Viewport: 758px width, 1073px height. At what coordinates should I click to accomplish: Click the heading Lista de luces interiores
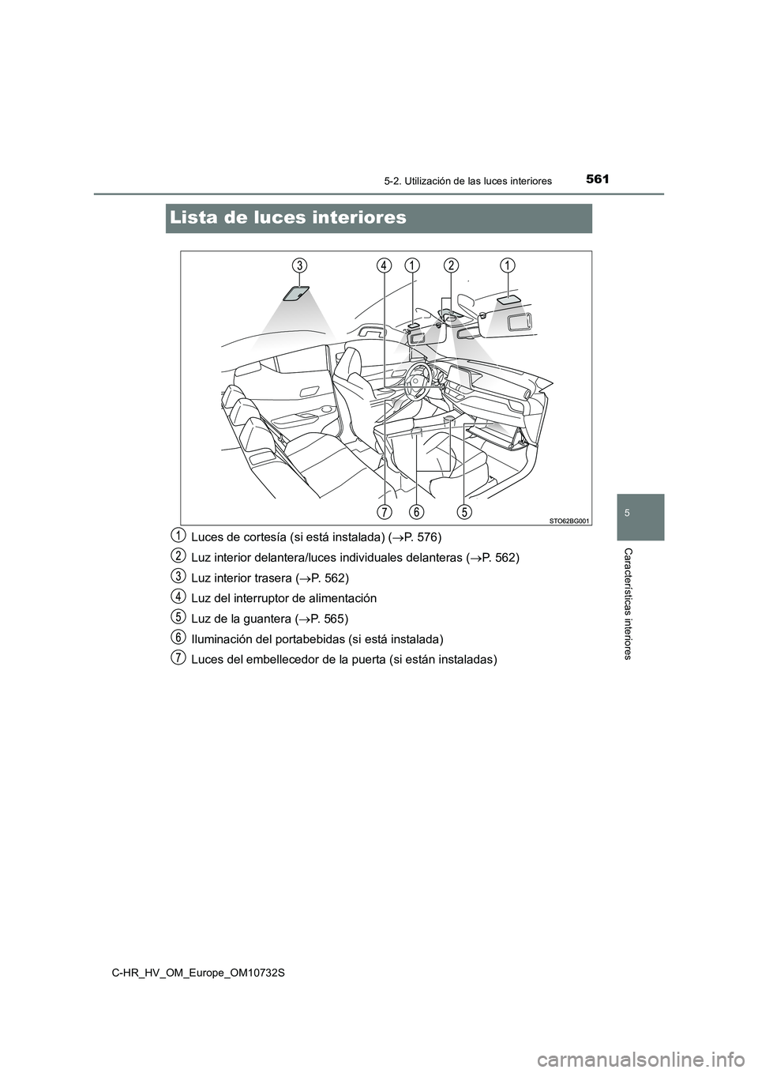287,217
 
